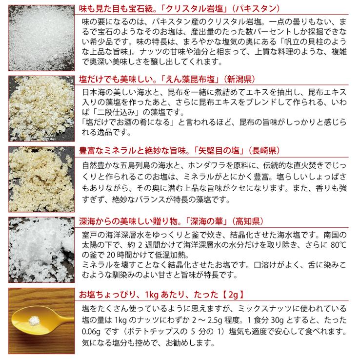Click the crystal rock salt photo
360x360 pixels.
[x=39, y=36]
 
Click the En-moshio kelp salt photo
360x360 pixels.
[x=39, y=107]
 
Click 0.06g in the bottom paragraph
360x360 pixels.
[x=93, y=330]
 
